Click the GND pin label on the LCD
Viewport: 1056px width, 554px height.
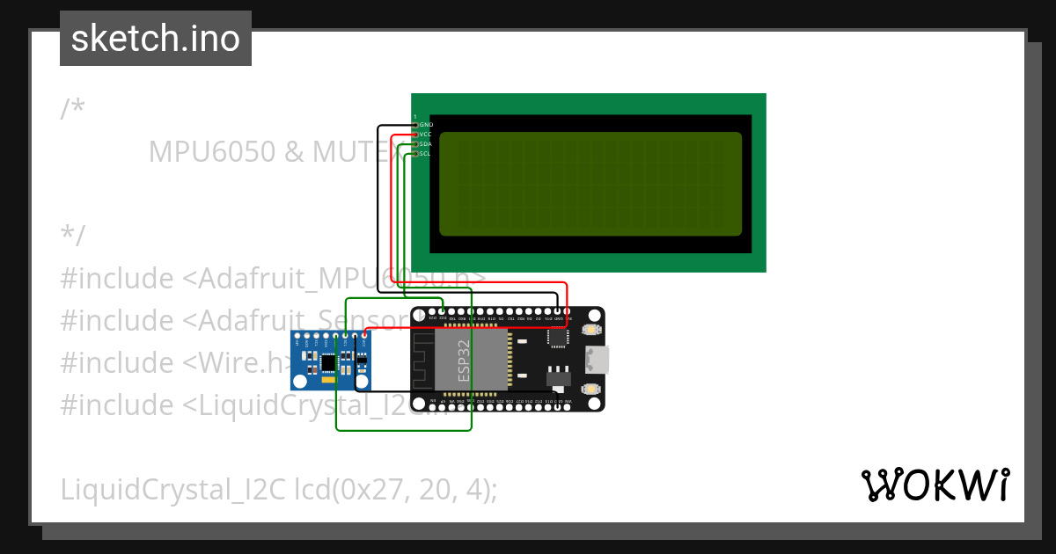[426, 125]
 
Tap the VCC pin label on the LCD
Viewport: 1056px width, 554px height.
[426, 135]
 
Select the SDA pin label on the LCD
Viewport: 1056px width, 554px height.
[426, 144]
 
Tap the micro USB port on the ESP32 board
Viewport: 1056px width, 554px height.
[598, 359]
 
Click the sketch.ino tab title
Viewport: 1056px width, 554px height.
[156, 39]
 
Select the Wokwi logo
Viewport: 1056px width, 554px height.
[935, 485]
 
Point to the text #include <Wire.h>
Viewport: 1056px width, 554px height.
[176, 362]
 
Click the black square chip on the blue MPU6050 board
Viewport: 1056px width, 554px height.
[328, 361]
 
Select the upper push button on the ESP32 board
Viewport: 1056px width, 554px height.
[590, 331]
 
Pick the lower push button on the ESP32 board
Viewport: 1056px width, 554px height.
[590, 388]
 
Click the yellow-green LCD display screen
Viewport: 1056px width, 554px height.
[590, 184]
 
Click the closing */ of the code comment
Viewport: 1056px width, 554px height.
[73, 236]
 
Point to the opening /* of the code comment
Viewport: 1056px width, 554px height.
[73, 109]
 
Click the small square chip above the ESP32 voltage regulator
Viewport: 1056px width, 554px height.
[558, 337]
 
